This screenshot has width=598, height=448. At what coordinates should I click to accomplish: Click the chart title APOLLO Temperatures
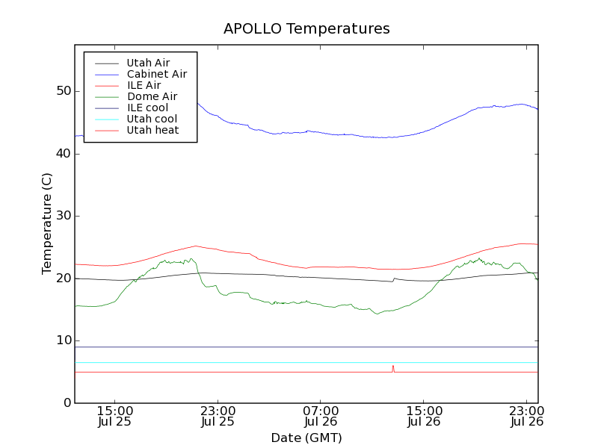306,29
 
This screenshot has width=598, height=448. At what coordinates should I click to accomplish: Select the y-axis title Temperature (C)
46,223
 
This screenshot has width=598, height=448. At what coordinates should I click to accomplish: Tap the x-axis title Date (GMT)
306,438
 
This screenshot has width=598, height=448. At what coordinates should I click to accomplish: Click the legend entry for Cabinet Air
156,75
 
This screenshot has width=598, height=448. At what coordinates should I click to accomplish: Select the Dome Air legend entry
152,96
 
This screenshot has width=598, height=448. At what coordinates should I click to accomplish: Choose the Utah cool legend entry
152,119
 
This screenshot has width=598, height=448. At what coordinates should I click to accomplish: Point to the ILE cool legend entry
147,108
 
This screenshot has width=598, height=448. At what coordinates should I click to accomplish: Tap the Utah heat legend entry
152,130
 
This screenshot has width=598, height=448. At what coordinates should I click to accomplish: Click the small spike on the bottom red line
393,367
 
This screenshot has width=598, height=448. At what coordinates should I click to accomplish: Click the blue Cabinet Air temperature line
299,131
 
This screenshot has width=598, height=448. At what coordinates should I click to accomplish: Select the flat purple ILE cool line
299,346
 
